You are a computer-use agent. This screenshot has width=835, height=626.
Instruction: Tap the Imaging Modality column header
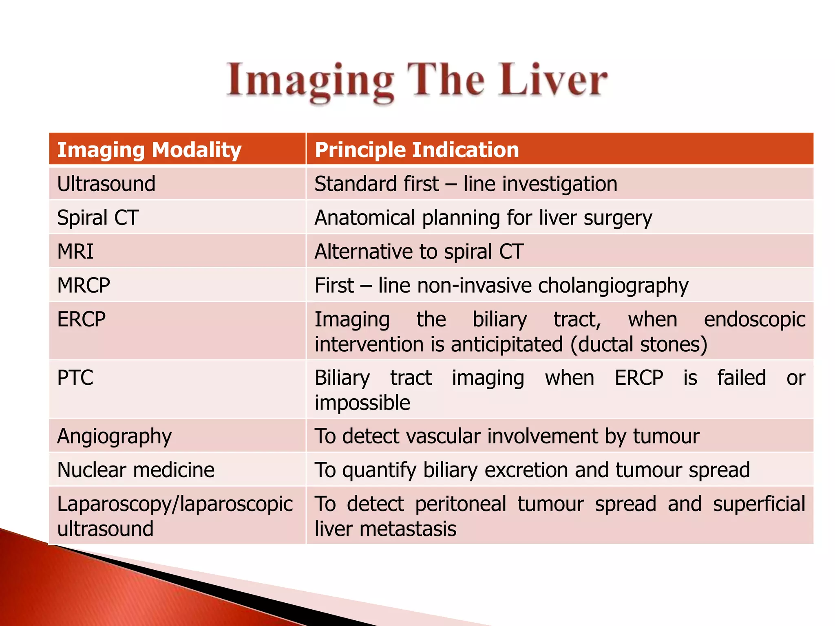pyautogui.click(x=149, y=150)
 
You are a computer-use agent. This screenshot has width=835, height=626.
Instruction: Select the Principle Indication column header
pyautogui.click(x=417, y=150)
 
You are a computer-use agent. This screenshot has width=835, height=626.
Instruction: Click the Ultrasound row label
pyautogui.click(x=106, y=184)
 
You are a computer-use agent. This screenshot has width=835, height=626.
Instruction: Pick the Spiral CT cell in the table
pyautogui.click(x=98, y=218)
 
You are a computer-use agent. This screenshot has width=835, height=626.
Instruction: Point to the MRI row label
pyautogui.click(x=75, y=251)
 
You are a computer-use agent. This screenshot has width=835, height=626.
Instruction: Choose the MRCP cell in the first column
pyautogui.click(x=84, y=285)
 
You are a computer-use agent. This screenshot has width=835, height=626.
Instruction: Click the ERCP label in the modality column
pyautogui.click(x=82, y=319)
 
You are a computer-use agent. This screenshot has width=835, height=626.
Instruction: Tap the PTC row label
pyautogui.click(x=75, y=377)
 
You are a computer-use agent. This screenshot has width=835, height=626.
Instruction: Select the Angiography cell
pyautogui.click(x=115, y=436)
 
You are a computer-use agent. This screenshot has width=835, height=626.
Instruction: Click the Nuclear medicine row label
pyautogui.click(x=136, y=470)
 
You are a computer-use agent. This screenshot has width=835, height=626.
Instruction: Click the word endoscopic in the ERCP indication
pyautogui.click(x=755, y=319)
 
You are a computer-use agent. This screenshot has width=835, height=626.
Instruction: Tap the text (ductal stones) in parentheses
pyautogui.click(x=638, y=344)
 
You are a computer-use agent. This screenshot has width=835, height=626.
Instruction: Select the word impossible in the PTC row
pyautogui.click(x=362, y=403)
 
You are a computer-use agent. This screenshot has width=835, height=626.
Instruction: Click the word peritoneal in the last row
pyautogui.click(x=461, y=504)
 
